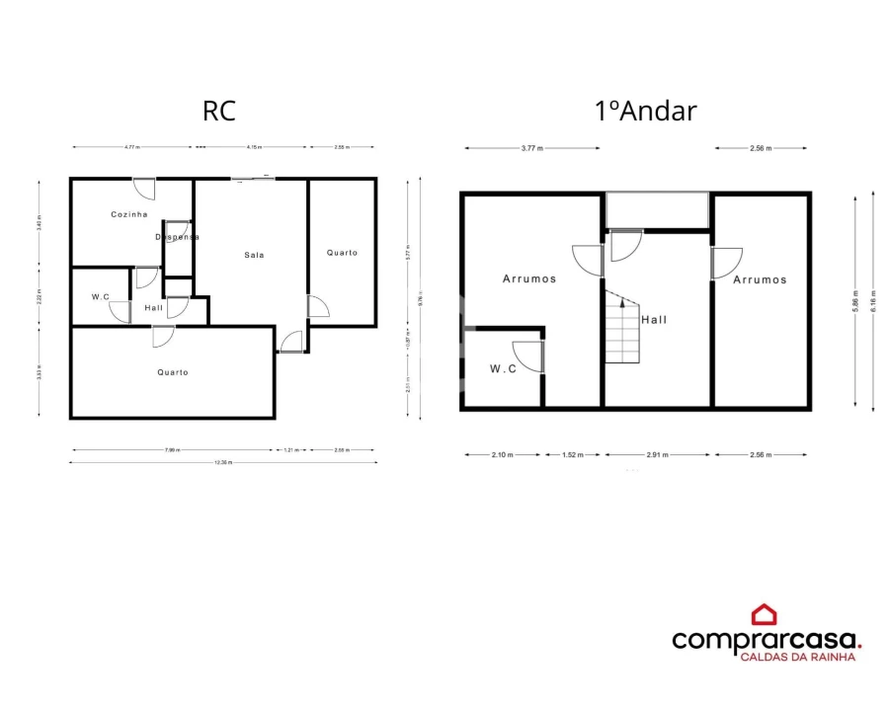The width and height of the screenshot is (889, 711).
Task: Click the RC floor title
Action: [x=219, y=110]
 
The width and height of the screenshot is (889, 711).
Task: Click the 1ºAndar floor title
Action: [x=646, y=110]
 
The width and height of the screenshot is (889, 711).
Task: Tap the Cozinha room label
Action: [x=129, y=214]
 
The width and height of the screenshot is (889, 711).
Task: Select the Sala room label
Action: [x=255, y=255]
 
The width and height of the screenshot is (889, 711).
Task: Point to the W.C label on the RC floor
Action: [x=100, y=296]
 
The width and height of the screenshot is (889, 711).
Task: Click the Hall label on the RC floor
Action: [x=153, y=308]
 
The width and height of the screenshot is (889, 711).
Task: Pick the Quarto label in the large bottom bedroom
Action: [x=173, y=372]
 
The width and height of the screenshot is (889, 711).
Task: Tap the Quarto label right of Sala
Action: [x=342, y=253]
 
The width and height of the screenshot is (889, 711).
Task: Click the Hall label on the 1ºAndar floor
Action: [x=654, y=320]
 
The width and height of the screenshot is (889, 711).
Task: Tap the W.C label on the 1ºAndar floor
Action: [x=504, y=368]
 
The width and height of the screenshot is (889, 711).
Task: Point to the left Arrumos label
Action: [x=529, y=278]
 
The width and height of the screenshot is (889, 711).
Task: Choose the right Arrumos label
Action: [x=760, y=279]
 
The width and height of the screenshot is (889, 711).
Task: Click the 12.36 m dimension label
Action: [x=224, y=462]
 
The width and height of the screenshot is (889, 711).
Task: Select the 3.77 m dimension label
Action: [x=532, y=148]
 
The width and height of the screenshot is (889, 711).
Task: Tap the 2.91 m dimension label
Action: [x=658, y=455]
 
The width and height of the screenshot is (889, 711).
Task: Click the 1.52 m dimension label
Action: [x=573, y=455]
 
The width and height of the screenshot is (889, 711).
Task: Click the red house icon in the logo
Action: [x=764, y=615]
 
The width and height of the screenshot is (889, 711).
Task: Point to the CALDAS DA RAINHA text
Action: [x=798, y=656]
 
